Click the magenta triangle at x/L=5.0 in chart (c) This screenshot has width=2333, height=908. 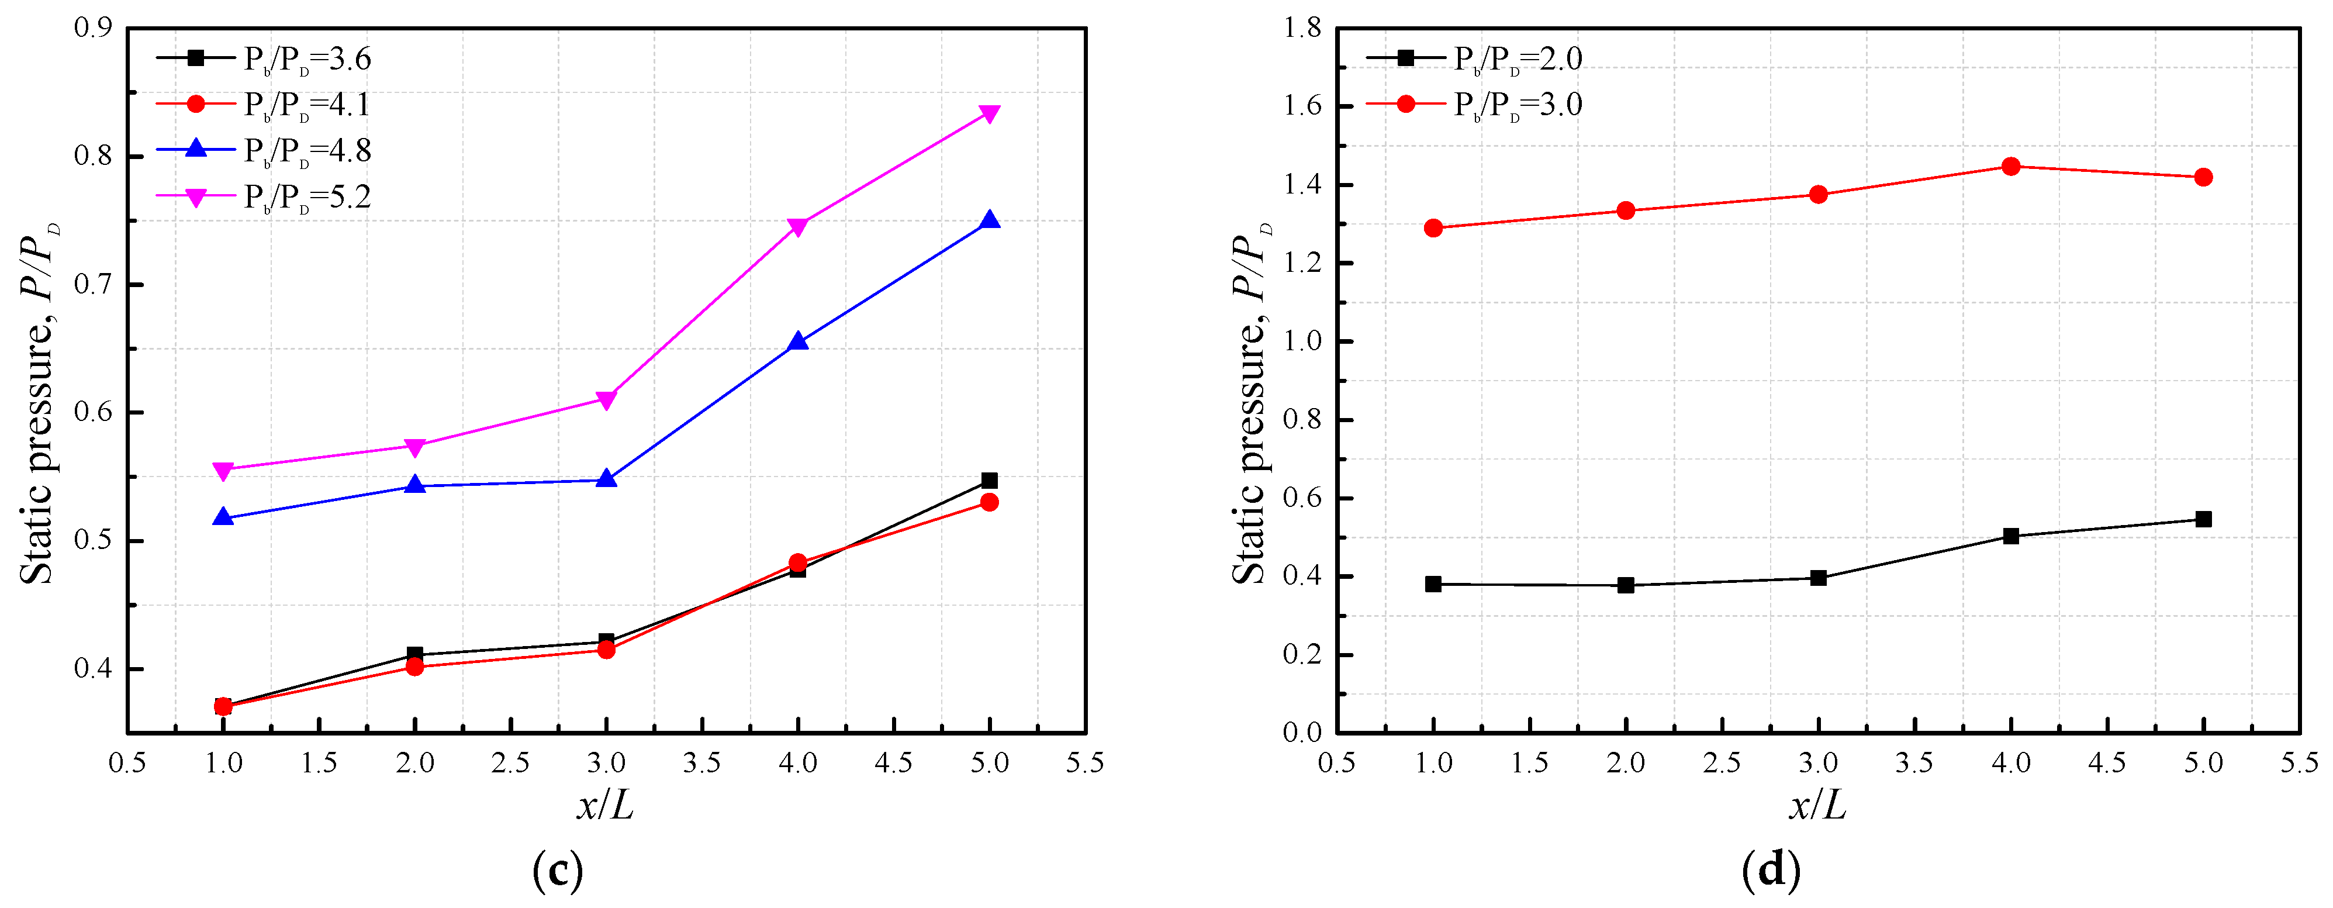pyautogui.click(x=989, y=113)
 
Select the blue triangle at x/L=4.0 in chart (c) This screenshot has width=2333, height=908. pyautogui.click(x=798, y=341)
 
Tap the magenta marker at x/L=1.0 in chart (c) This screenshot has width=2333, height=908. pyautogui.click(x=223, y=469)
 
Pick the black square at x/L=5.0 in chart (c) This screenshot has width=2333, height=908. pyautogui.click(x=989, y=480)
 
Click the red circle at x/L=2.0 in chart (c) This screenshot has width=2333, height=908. pyautogui.click(x=415, y=667)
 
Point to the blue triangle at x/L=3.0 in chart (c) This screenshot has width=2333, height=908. pyautogui.click(x=607, y=479)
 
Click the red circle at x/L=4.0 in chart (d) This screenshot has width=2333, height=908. pyautogui.click(x=2010, y=166)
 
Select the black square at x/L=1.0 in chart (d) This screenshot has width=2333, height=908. pyautogui.click(x=1433, y=585)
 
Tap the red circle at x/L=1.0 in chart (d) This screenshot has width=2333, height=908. pyautogui.click(x=1433, y=227)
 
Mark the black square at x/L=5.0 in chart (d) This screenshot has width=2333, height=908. pyautogui.click(x=2203, y=519)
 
